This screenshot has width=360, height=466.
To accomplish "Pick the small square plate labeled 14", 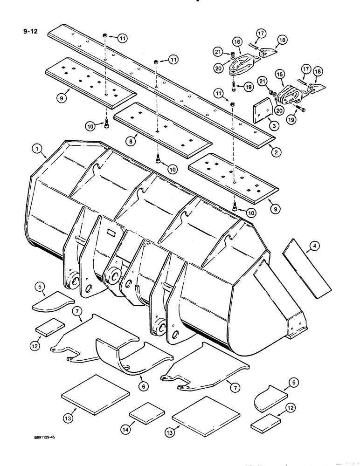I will click(147, 412).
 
